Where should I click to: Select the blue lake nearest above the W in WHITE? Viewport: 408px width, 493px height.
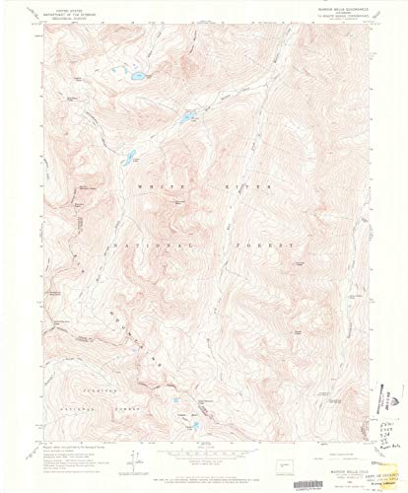(x=127, y=155)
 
